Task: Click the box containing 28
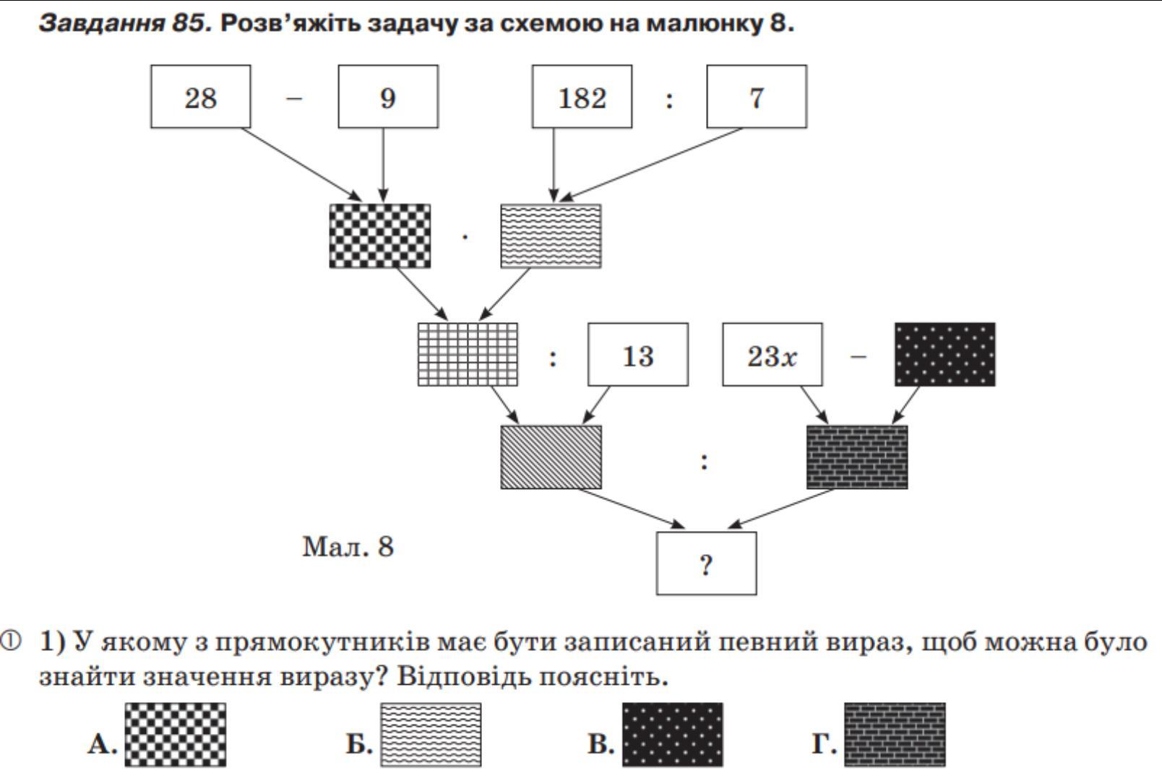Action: pos(200,97)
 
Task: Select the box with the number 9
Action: pos(388,97)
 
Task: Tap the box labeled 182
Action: pos(582,97)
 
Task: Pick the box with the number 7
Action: pos(757,97)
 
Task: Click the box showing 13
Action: pos(637,355)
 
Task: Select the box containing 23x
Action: pos(772,355)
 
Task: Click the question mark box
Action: pos(706,563)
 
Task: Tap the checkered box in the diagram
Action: pos(380,236)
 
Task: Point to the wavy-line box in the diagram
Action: pos(551,236)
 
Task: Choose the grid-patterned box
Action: pos(468,355)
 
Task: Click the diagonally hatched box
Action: pos(551,457)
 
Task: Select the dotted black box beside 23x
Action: pos(944,355)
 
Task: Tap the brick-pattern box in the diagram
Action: pos(857,457)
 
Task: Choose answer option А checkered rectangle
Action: pos(175,735)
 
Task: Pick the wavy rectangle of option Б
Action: pos(431,735)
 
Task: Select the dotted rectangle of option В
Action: pos(672,735)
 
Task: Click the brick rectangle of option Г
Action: pos(895,735)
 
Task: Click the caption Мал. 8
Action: pos(348,547)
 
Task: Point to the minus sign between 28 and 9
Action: pos(294,98)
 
